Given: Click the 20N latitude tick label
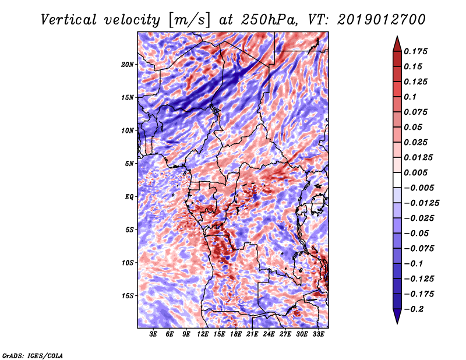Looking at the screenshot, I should [x=128, y=64].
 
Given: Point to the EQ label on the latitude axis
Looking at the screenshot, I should [x=129, y=196].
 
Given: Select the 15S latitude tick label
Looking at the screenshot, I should [x=128, y=295].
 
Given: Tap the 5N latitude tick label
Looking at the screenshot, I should [x=129, y=163].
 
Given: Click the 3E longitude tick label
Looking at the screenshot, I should [x=154, y=334].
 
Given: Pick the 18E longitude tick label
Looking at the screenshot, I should [x=236, y=334].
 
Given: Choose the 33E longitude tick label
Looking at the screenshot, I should [x=319, y=334].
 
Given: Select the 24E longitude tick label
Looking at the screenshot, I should [x=269, y=334].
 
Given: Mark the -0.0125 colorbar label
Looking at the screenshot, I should [x=423, y=203].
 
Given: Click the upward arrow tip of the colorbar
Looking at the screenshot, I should [x=397, y=38].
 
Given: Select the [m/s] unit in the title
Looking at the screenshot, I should [x=184, y=20].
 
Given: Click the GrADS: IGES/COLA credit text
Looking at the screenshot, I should [x=32, y=355].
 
